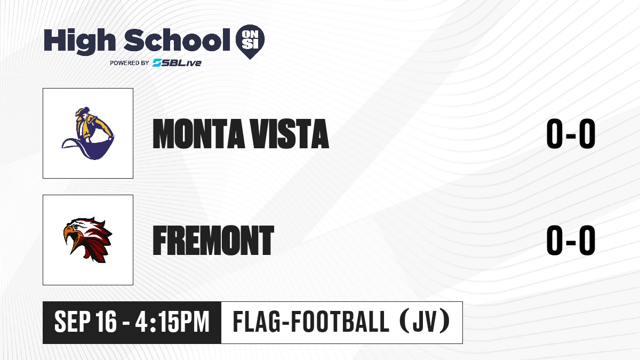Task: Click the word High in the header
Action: [79, 42]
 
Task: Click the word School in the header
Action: [177, 39]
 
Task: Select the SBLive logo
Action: [177, 63]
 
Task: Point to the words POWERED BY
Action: [129, 63]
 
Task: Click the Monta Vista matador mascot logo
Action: [88, 133]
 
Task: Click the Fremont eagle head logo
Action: [87, 239]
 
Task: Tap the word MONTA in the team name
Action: [198, 134]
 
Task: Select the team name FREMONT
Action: [213, 241]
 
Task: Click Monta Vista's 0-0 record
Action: [571, 134]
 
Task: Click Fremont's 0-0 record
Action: [571, 241]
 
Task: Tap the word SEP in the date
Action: [71, 322]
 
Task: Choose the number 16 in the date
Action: [106, 322]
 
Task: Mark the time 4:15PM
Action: [172, 322]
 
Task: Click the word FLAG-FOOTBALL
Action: [311, 322]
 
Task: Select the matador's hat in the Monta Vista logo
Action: [82, 111]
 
